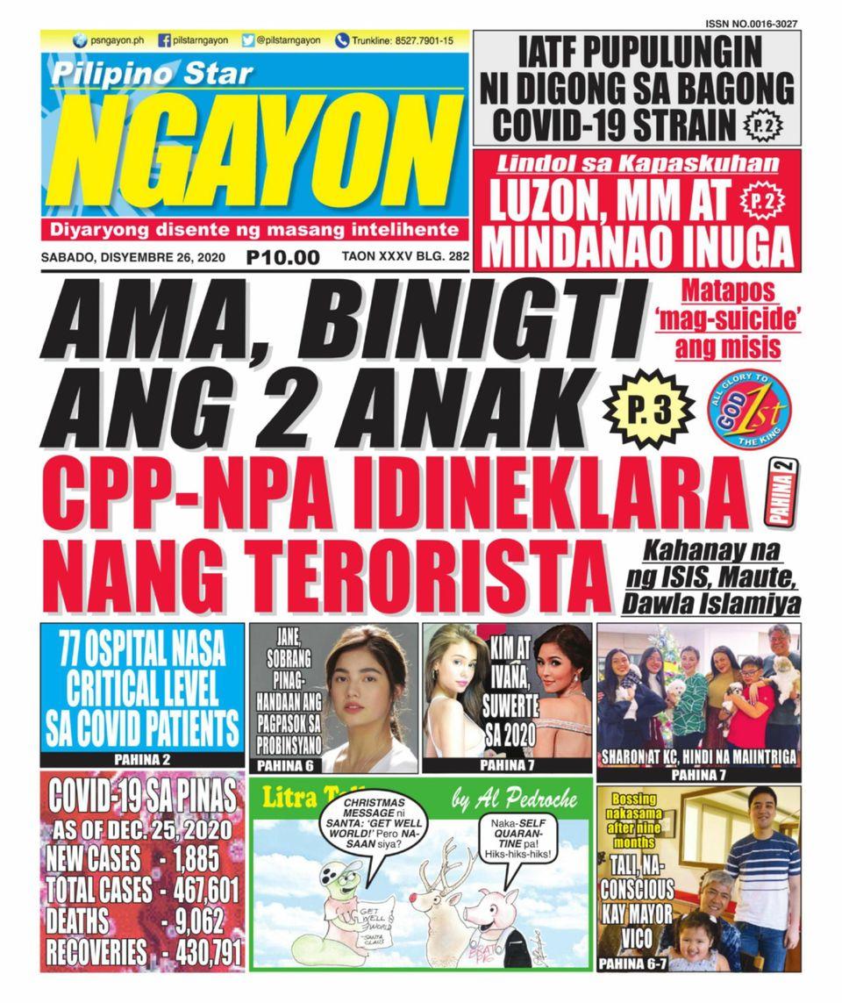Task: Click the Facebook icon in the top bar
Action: coord(164,40)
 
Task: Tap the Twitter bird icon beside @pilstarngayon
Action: coord(248,40)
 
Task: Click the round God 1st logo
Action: coord(750,410)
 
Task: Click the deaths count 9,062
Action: coord(197,921)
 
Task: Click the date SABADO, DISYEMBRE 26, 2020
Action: coord(133,258)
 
